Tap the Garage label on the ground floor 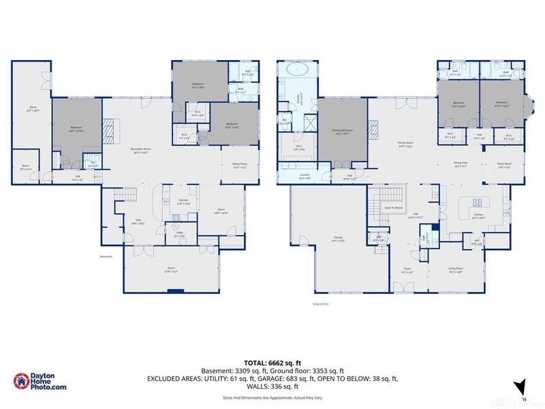338,239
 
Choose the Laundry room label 305,176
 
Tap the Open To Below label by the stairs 394,207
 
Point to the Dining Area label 461,163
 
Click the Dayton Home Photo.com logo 41,382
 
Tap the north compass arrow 522,387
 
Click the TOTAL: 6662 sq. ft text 272,363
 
